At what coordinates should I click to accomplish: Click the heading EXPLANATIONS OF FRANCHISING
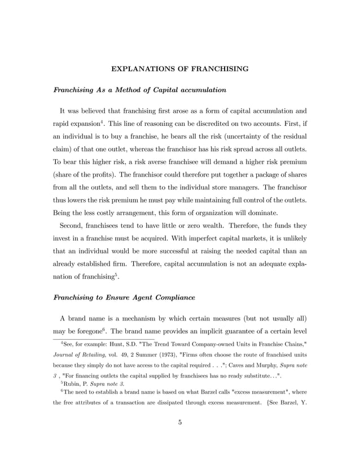pyautogui.click(x=180, y=69)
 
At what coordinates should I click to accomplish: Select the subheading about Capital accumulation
pyautogui.click(x=140, y=90)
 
